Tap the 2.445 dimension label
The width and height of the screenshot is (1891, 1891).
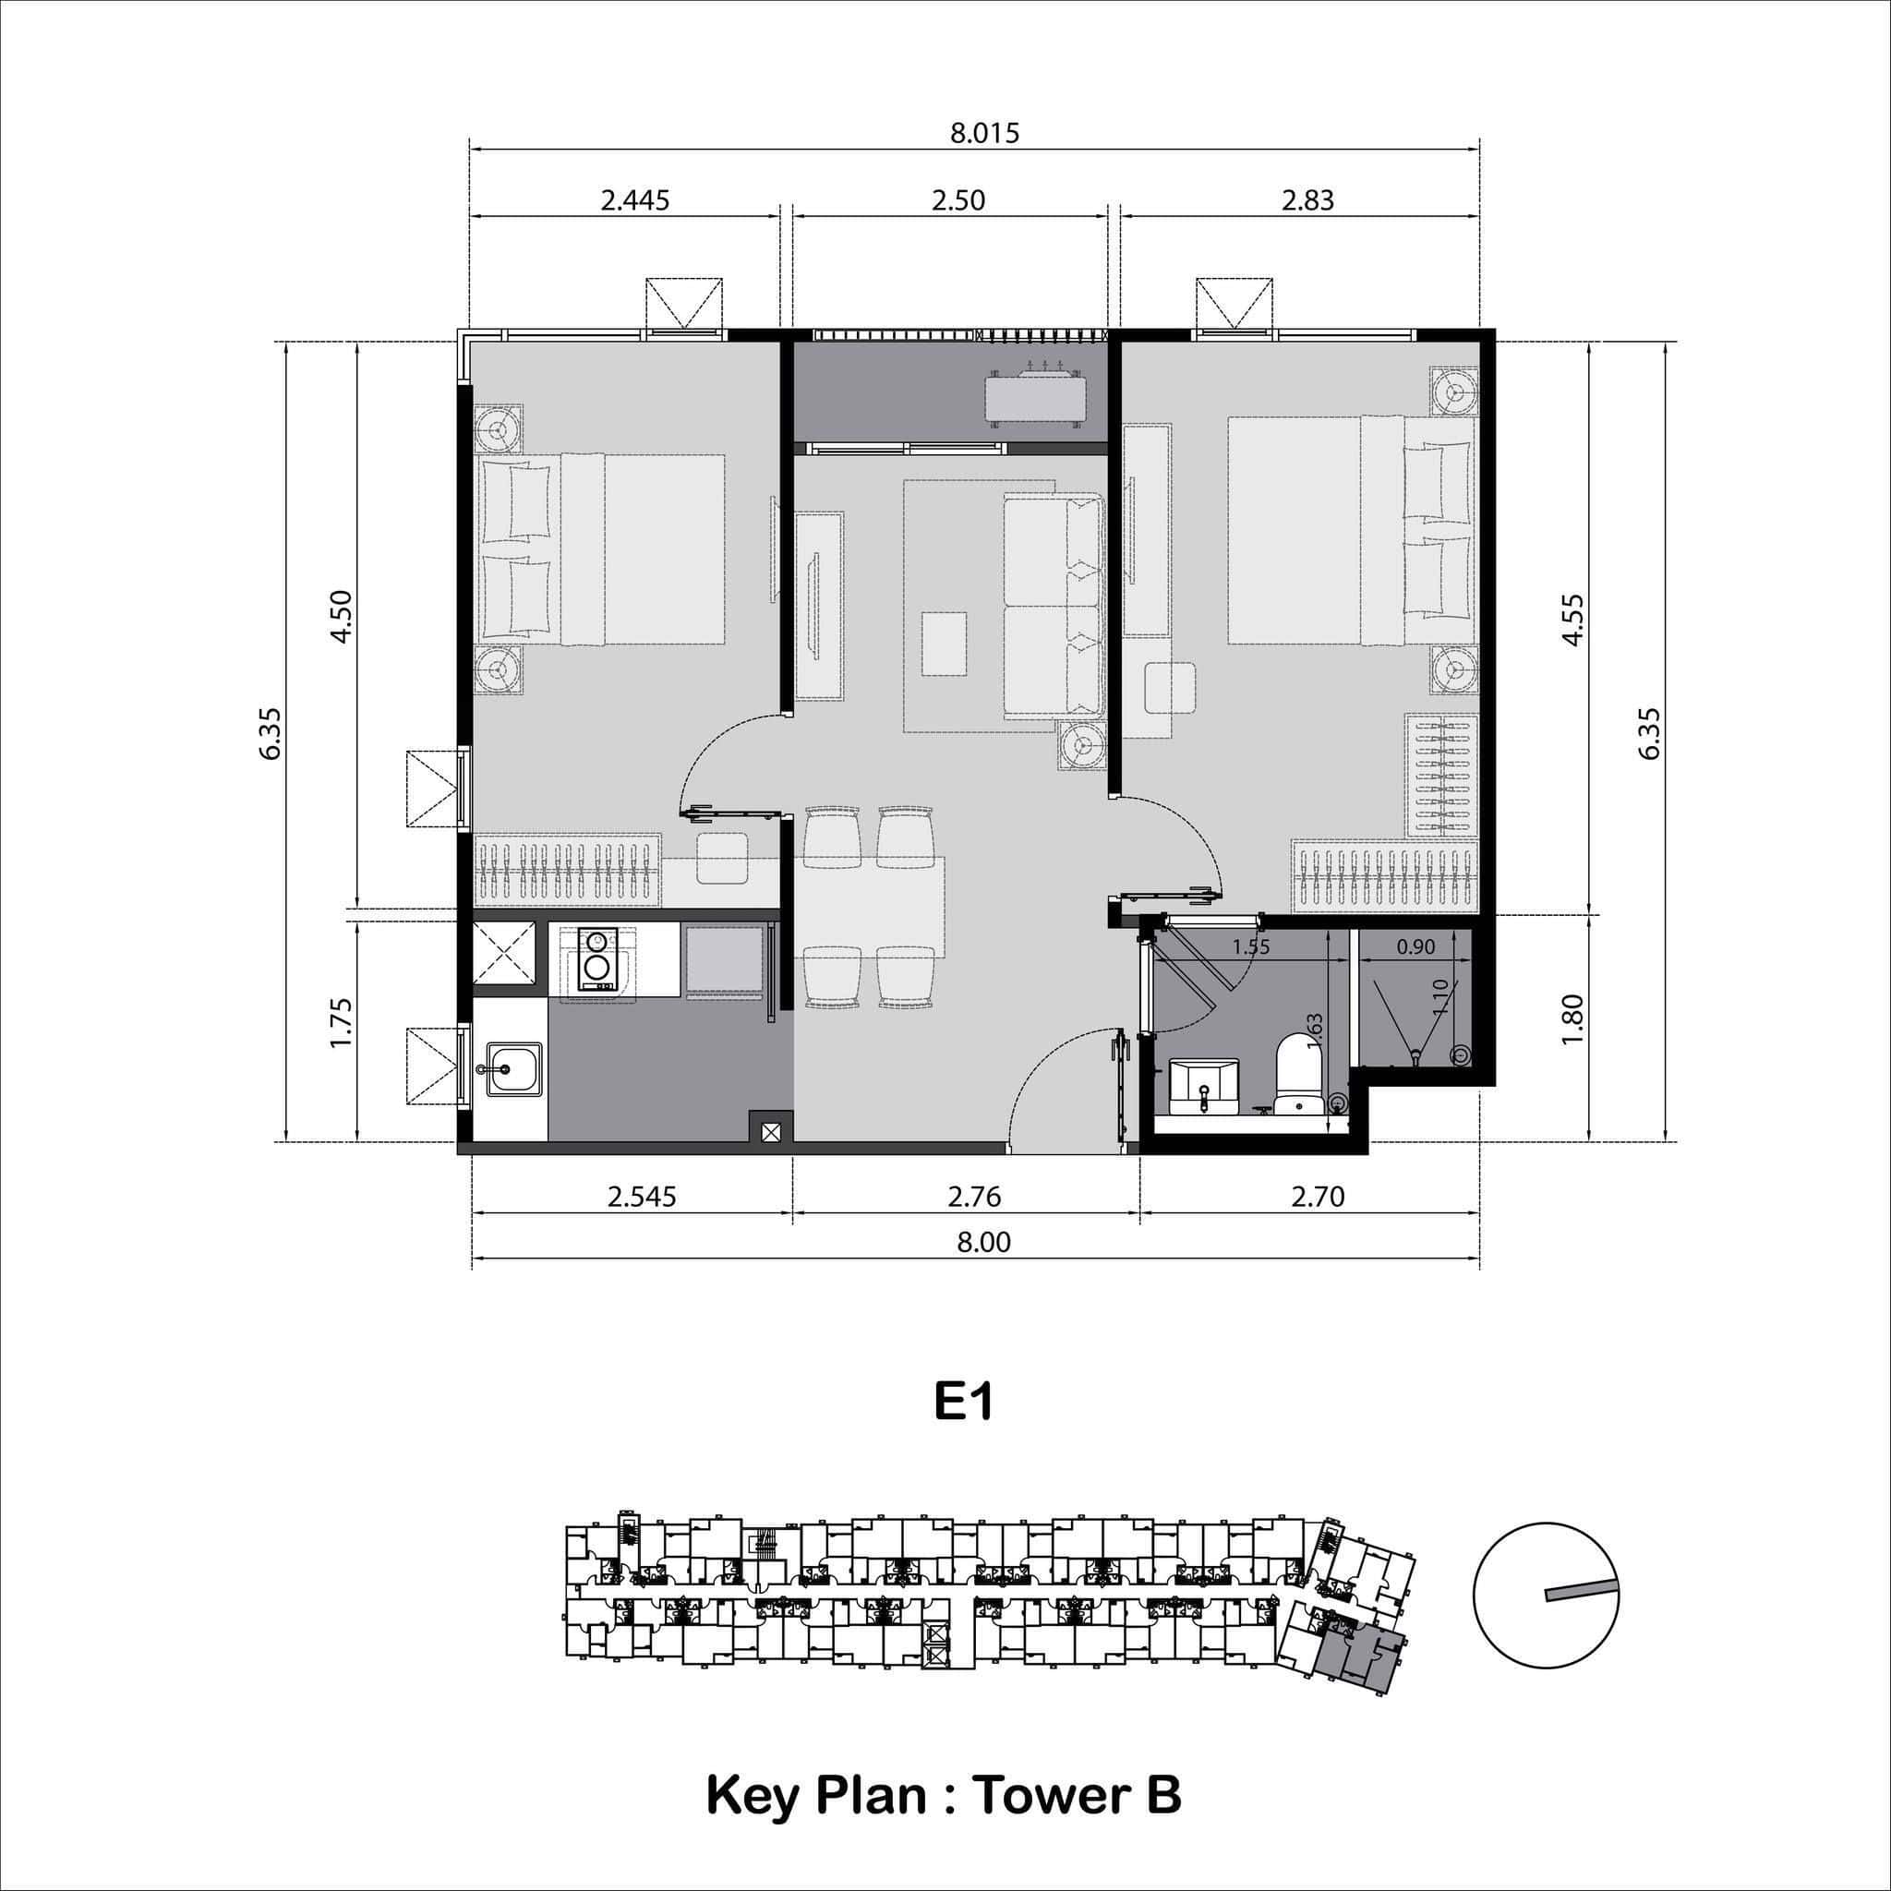(x=634, y=200)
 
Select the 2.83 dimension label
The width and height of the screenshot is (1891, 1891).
(x=1307, y=200)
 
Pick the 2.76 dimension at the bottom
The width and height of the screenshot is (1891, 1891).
(x=974, y=1196)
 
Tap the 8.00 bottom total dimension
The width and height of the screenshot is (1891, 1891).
(x=982, y=1242)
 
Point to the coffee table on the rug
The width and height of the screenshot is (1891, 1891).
(x=945, y=642)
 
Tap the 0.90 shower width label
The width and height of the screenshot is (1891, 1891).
(x=1415, y=946)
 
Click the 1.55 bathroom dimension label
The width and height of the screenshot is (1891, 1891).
(x=1251, y=946)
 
